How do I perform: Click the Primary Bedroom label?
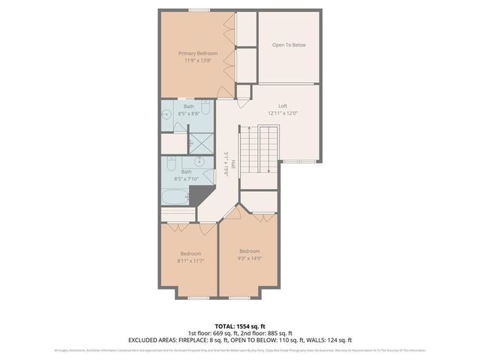click(x=198, y=53)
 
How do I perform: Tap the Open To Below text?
click(x=289, y=45)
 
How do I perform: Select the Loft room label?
click(x=283, y=106)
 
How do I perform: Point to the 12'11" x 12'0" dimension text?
click(x=283, y=113)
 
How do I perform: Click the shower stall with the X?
click(x=199, y=141)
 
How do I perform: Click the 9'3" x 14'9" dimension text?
click(x=249, y=258)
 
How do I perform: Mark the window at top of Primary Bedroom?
click(x=199, y=11)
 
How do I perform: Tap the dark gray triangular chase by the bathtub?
click(x=199, y=195)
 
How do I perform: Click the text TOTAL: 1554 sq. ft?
click(x=239, y=325)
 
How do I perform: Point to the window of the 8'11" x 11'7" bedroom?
click(x=199, y=298)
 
